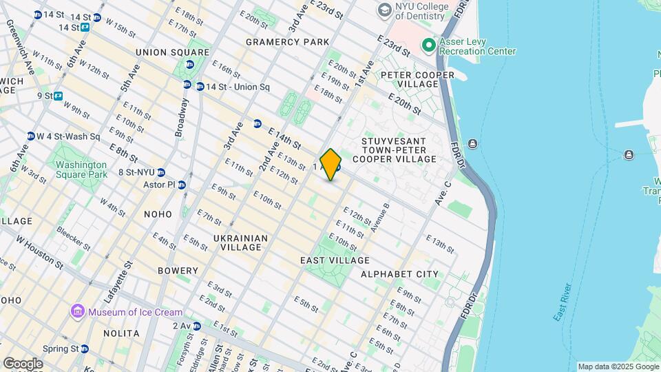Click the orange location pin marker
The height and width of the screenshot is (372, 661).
pyautogui.click(x=330, y=165)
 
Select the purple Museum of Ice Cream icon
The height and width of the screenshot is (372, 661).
pyautogui.click(x=78, y=312)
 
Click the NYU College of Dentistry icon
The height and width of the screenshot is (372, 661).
pyautogui.click(x=384, y=11)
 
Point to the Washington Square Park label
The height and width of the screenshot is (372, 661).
pyautogui.click(x=81, y=169)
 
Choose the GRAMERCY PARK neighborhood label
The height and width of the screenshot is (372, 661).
pyautogui.click(x=288, y=42)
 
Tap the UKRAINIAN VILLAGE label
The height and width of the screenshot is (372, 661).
pyautogui.click(x=240, y=243)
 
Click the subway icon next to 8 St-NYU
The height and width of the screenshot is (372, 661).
pyautogui.click(x=161, y=172)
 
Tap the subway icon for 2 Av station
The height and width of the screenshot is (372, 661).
pyautogui.click(x=197, y=326)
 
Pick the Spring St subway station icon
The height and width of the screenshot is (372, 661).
pyautogui.click(x=85, y=349)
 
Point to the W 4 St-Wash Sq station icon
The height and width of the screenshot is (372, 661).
pyautogui.click(x=31, y=136)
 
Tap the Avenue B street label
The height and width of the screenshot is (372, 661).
pyautogui.click(x=380, y=216)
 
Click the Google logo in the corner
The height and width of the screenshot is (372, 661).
pyautogui.click(x=23, y=364)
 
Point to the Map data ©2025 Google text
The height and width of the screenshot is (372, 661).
pyautogui.click(x=618, y=366)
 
